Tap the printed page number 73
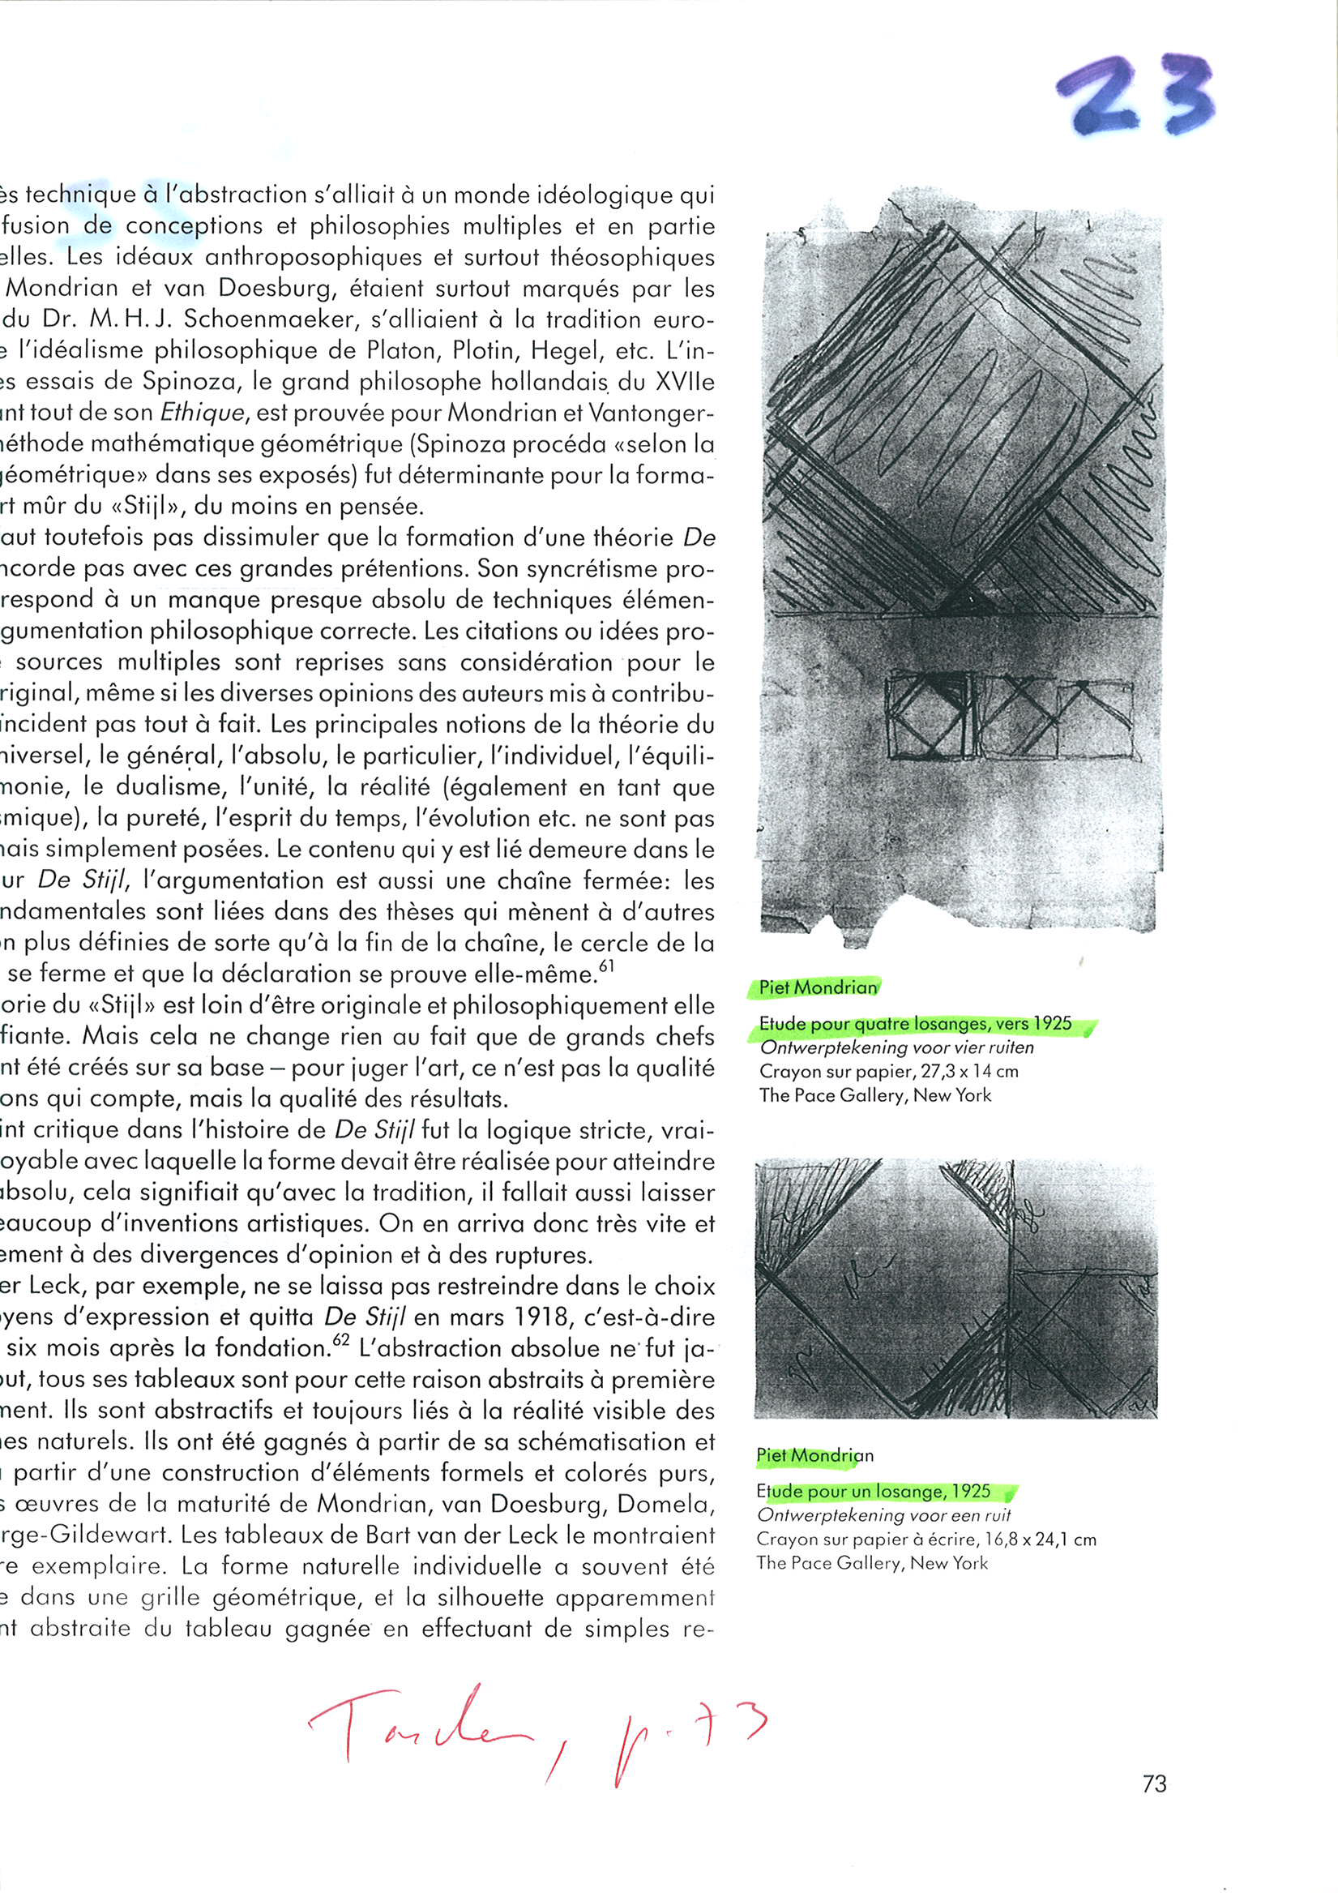[x=1154, y=1784]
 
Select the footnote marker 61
[x=606, y=966]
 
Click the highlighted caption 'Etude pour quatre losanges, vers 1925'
[x=915, y=1024]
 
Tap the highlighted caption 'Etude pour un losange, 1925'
[x=874, y=1492]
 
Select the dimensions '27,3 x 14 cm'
[x=969, y=1072]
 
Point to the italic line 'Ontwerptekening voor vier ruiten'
[x=896, y=1048]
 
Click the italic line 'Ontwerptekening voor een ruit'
[x=883, y=1515]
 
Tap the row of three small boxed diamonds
[x=1008, y=717]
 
